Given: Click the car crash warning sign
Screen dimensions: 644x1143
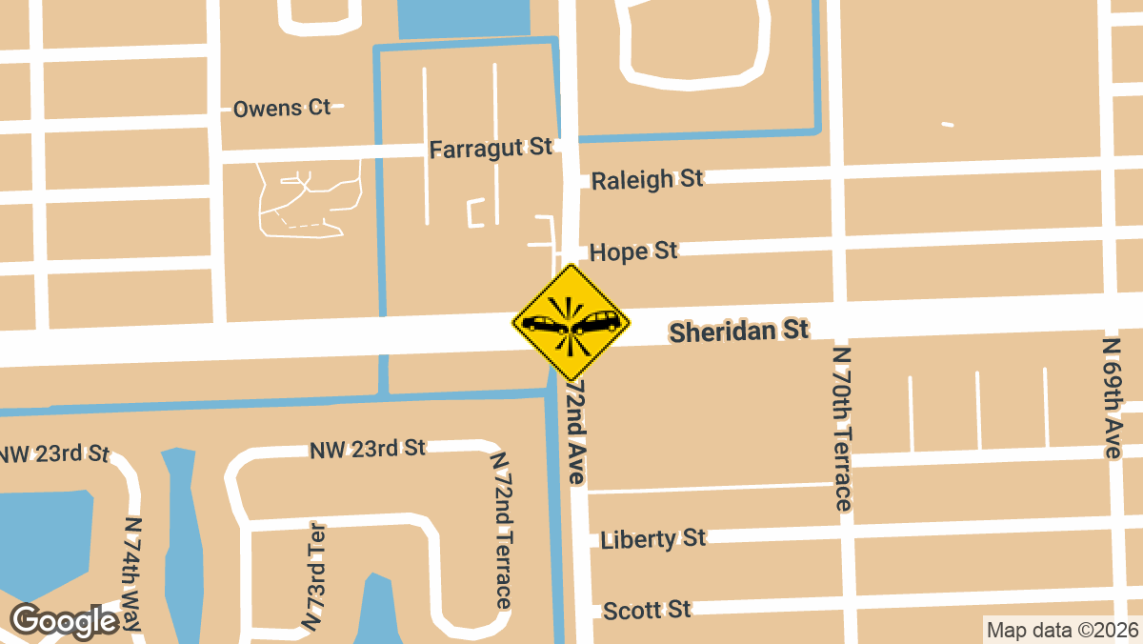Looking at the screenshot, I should click(x=571, y=323).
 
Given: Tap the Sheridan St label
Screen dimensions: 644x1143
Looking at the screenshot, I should click(x=738, y=332).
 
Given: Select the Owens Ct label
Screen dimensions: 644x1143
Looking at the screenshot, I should click(x=282, y=108).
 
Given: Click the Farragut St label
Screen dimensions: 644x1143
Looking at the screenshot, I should click(x=491, y=149).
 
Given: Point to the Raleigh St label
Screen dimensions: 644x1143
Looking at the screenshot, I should click(x=647, y=179).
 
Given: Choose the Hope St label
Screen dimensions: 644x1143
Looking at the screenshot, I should click(x=633, y=252).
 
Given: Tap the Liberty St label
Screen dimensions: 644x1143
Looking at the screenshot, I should click(x=653, y=538).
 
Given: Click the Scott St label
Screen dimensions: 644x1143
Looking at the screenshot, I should click(x=647, y=609).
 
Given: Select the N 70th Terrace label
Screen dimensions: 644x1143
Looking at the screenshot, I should click(x=842, y=428).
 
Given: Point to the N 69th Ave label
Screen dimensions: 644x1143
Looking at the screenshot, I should click(x=1112, y=397).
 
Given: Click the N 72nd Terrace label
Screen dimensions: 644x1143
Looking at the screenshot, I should click(x=501, y=530).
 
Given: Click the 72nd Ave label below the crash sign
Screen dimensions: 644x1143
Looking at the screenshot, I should click(x=575, y=433).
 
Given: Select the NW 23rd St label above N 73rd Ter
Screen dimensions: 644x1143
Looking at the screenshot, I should click(x=367, y=448).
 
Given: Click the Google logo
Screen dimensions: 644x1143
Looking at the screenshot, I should click(x=64, y=621).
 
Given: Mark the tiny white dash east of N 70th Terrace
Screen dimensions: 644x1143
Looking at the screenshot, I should click(x=947, y=124).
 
